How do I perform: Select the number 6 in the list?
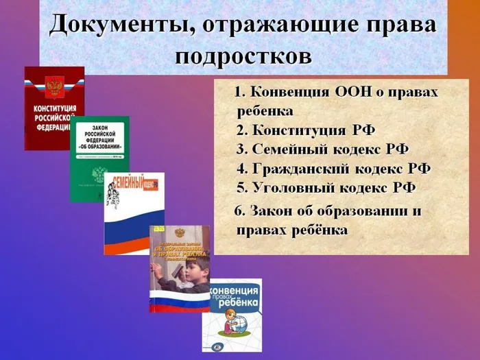239,211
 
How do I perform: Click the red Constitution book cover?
53,108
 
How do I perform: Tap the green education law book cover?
99,159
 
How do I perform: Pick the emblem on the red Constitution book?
53,86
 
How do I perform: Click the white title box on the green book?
99,139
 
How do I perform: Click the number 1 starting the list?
239,93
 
